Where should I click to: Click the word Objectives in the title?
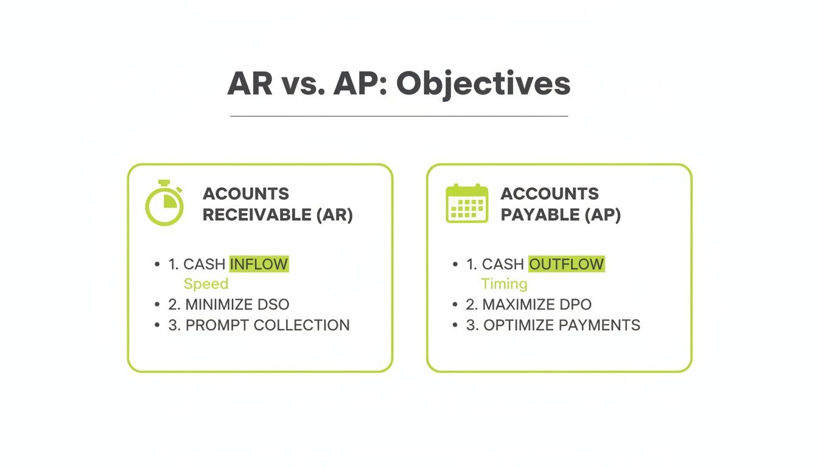click(483, 84)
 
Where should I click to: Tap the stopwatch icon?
click(164, 204)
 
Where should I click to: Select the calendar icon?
click(467, 204)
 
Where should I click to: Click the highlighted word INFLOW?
click(259, 264)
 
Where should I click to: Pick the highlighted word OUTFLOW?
click(567, 264)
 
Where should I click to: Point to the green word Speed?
click(206, 284)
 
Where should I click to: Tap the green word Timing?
click(504, 284)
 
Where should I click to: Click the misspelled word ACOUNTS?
click(246, 194)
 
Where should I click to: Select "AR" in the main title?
click(250, 84)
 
